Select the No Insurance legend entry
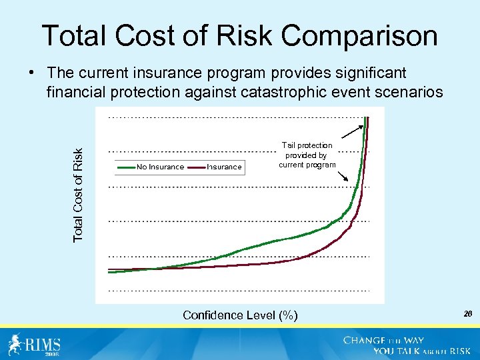(x=160, y=167)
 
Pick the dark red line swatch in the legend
(x=196, y=167)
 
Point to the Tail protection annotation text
(x=307, y=155)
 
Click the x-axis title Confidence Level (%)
(x=240, y=315)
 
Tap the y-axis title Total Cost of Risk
(x=79, y=195)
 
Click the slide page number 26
(x=467, y=313)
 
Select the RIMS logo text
(x=43, y=345)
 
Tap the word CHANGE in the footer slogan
(x=365, y=340)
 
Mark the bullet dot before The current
(x=32, y=73)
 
